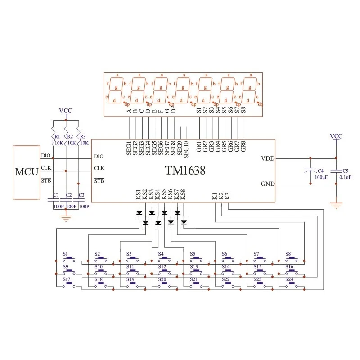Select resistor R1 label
(x=57, y=136)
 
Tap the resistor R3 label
(x=82, y=136)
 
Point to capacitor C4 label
(x=320, y=171)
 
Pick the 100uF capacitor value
(x=321, y=177)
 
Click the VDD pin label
(x=267, y=158)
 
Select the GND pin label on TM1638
(x=267, y=184)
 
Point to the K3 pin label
(x=228, y=196)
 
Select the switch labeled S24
(x=292, y=283)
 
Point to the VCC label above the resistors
(x=66, y=110)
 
